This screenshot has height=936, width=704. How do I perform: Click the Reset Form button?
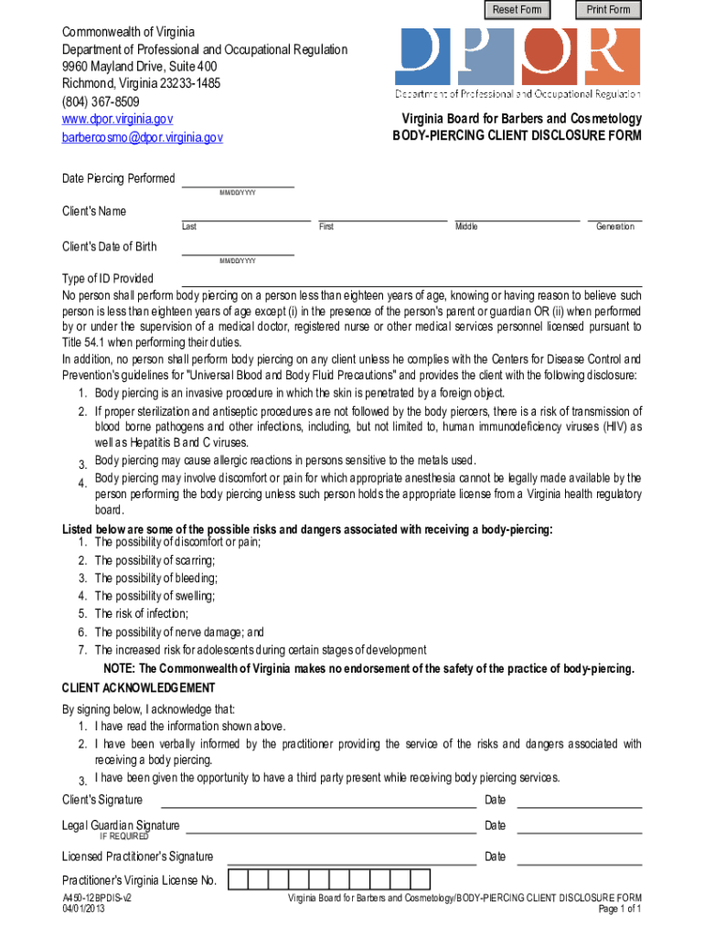click(x=517, y=10)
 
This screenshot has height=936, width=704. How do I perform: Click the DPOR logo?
click(x=517, y=61)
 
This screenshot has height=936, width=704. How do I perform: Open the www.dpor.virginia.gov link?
click(x=117, y=119)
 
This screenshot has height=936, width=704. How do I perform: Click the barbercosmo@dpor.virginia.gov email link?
click(x=142, y=137)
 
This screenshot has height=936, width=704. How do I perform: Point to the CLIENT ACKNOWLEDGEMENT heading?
click(x=138, y=687)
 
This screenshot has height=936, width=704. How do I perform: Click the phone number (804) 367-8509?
click(x=101, y=101)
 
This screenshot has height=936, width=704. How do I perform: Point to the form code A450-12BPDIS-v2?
click(x=97, y=899)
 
